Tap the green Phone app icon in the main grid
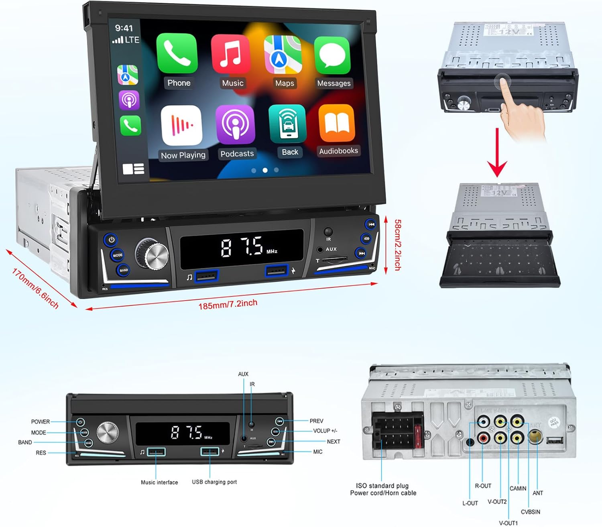[177, 54]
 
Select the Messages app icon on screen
[332, 56]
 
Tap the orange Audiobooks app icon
[337, 124]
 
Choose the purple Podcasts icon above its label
[235, 124]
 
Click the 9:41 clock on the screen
[124, 28]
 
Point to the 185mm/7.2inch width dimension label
[228, 304]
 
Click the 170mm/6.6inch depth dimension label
[35, 288]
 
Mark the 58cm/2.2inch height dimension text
[397, 244]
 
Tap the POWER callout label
[41, 422]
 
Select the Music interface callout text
[159, 482]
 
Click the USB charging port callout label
[214, 482]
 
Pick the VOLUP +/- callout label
[325, 431]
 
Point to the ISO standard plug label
[382, 486]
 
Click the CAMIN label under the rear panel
[518, 488]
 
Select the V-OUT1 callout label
[508, 523]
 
